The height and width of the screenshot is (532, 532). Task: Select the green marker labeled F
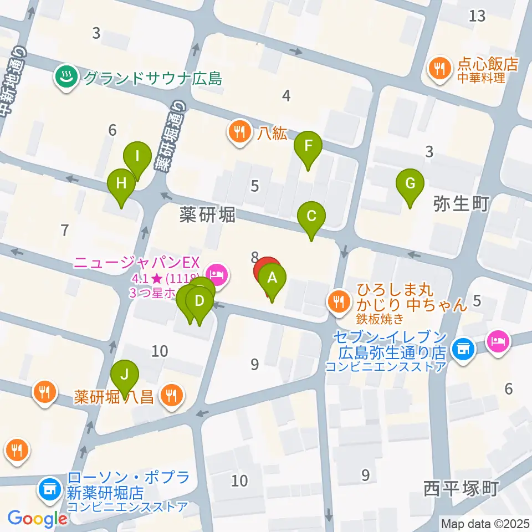(x=309, y=146)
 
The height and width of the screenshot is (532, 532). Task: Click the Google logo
(x=37, y=519)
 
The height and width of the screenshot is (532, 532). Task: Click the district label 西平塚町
(x=462, y=489)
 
